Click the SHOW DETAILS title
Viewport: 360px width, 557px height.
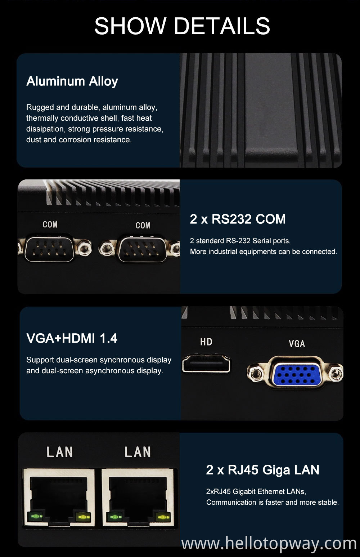coord(182,26)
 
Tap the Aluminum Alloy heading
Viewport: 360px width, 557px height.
coord(72,81)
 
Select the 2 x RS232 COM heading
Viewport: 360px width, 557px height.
coord(238,219)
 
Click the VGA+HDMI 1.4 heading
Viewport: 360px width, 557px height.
coord(72,338)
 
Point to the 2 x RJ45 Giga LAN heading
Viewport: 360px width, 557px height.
coord(262,470)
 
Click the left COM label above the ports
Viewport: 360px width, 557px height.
coord(50,224)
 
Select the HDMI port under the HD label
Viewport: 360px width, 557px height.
coord(206,364)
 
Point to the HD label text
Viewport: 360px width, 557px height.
coord(206,342)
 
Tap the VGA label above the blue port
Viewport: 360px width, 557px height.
coord(297,344)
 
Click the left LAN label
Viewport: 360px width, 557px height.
coord(59,452)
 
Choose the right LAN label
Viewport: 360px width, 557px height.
coord(138,452)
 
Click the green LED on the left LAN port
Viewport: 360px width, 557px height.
coord(36,517)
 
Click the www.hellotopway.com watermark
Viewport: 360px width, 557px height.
coord(269,543)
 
